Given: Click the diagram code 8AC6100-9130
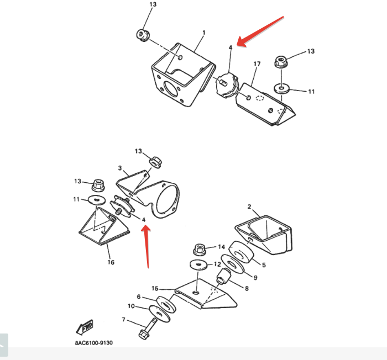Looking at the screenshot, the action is click(x=94, y=343).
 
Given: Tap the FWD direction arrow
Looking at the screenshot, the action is click(x=85, y=327).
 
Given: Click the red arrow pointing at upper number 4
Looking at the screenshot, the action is click(x=260, y=31).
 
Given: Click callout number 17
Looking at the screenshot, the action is click(x=257, y=64).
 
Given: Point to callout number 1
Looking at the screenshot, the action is click(x=204, y=33).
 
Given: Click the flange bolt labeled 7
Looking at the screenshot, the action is click(x=148, y=329).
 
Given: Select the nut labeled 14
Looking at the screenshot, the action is click(x=200, y=249).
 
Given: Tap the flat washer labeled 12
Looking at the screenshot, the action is click(x=198, y=265).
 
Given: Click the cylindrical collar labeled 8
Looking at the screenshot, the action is click(x=223, y=276).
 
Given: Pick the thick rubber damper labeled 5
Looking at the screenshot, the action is click(x=241, y=252).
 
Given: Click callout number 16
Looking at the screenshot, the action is click(x=111, y=262).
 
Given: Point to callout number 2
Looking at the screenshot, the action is click(x=249, y=207).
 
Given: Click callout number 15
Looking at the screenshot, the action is click(x=155, y=288).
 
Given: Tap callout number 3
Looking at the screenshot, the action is click(x=120, y=168).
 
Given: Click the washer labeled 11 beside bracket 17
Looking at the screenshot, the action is click(x=281, y=89).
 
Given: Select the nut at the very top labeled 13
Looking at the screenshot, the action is click(x=143, y=35).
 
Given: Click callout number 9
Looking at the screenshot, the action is click(x=255, y=278).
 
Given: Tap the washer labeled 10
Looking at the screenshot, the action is click(x=159, y=313).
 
